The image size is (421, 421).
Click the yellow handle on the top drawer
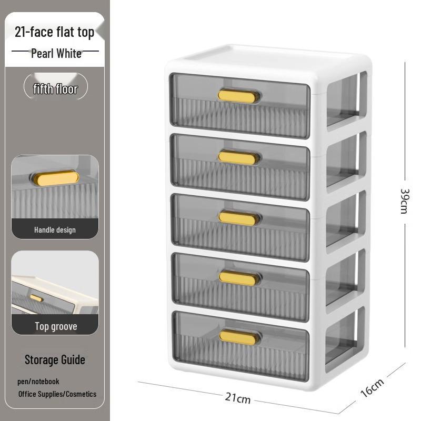click(x=237, y=96)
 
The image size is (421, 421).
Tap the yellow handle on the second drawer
click(x=237, y=157)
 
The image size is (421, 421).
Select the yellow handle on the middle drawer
click(x=238, y=218)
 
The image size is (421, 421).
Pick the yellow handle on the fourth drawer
click(x=238, y=278)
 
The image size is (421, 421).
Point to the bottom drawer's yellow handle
click(x=238, y=337)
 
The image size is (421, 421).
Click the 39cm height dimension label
click(x=405, y=201)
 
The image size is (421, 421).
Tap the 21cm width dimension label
click(x=238, y=398)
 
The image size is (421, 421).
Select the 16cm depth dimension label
click(x=372, y=388)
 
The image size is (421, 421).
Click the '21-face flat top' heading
click(x=54, y=33)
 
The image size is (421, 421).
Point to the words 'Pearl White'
click(x=56, y=54)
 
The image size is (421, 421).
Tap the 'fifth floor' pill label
click(x=56, y=89)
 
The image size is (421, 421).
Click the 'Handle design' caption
click(x=55, y=230)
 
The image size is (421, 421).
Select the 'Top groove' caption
click(x=56, y=326)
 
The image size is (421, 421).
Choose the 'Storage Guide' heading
click(x=55, y=360)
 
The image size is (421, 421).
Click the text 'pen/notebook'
click(x=38, y=382)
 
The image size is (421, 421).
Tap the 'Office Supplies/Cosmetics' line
click(x=57, y=394)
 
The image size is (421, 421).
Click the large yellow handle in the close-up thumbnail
click(x=56, y=178)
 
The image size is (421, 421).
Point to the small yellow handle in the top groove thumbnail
click(x=36, y=298)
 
